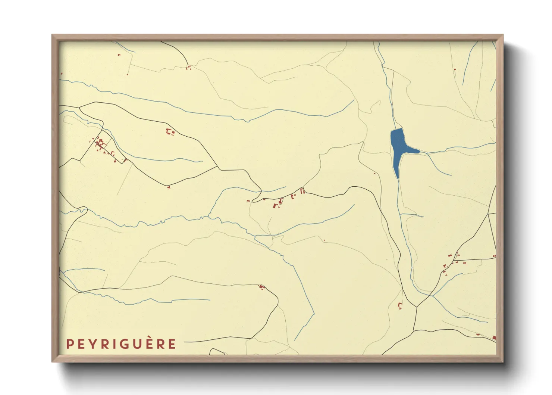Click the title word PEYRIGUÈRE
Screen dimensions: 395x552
pos(121,344)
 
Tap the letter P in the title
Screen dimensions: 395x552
pos(69,344)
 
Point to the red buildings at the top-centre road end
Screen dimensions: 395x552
pos(189,68)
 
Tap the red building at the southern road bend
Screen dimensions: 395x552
pos(262,287)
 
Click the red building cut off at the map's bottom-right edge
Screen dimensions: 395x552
pos(494,338)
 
